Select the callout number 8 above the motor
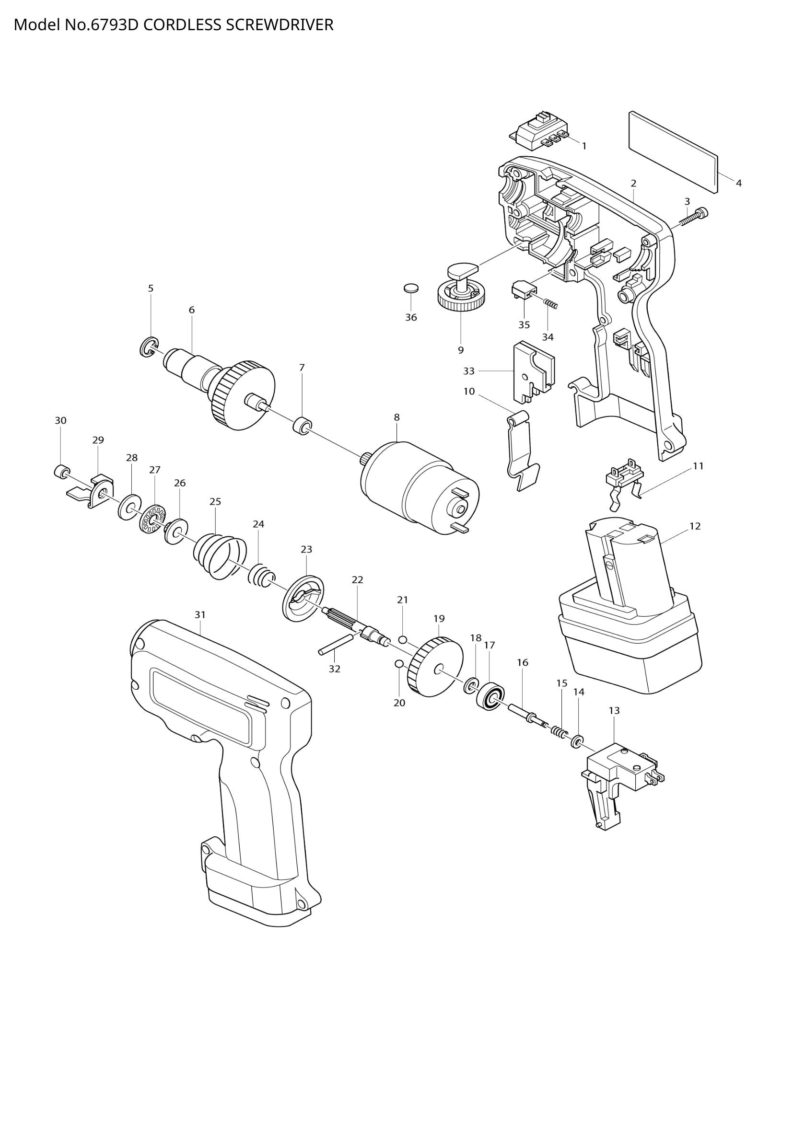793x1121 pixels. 396,417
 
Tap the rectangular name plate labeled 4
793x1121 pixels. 674,151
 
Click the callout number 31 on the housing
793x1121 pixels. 200,614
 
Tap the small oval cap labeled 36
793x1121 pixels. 412,288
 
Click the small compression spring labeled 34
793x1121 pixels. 551,305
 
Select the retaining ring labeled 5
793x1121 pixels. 148,347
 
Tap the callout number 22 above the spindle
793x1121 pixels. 358,579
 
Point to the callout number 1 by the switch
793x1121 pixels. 583,146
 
